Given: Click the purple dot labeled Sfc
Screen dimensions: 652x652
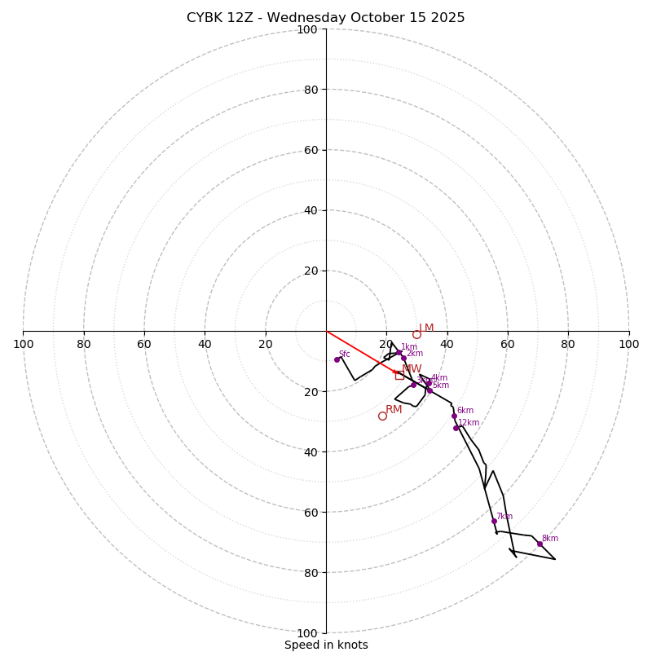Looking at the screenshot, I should [x=337, y=359].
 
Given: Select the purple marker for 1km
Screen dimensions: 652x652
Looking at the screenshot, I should [x=399, y=353].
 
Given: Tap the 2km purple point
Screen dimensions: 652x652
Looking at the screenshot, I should [x=403, y=358].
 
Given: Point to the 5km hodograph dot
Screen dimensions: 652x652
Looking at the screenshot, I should [x=430, y=390].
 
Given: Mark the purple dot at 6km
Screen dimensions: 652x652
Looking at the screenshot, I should [x=454, y=416].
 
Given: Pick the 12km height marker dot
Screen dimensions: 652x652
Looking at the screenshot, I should [x=456, y=428].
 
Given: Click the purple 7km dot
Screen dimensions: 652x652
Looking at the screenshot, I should [x=494, y=521].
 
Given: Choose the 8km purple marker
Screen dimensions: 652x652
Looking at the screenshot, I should [x=540, y=544].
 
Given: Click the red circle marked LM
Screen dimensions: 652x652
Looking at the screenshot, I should [x=416, y=334].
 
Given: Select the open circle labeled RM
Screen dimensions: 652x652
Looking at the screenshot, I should [x=382, y=416].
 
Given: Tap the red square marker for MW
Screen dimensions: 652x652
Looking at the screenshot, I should [x=399, y=375].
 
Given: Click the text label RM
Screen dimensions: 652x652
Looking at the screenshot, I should [x=394, y=409].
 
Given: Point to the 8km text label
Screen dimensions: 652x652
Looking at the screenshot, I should [x=550, y=538].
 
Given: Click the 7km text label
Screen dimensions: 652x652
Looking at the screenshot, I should [x=504, y=516].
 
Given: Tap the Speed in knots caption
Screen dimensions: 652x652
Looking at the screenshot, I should [x=326, y=645].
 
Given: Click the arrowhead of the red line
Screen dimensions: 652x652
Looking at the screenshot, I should [x=396, y=372].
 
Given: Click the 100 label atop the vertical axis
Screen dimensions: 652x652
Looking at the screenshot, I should [x=307, y=29].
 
